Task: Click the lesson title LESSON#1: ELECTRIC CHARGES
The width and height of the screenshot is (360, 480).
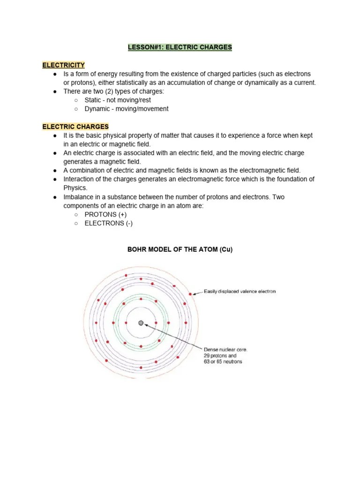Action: (x=180, y=47)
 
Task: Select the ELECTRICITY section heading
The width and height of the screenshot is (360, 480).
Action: (x=63, y=65)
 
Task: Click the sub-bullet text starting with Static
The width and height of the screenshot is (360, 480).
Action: (x=118, y=100)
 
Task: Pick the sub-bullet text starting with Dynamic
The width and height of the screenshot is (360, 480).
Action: (x=126, y=109)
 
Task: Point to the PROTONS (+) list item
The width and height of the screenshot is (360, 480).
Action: (x=105, y=214)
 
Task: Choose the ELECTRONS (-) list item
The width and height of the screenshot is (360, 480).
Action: (x=108, y=223)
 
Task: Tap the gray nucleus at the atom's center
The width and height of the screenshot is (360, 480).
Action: (x=141, y=323)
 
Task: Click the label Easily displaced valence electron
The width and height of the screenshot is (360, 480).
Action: (x=240, y=292)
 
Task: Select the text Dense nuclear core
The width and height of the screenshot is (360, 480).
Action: (x=225, y=350)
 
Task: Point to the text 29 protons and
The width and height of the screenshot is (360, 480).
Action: (x=220, y=356)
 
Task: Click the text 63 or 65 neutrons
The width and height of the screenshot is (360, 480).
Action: (x=223, y=362)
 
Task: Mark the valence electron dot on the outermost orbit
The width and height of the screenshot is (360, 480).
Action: (x=190, y=294)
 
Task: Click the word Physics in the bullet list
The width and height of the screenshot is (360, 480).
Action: (x=75, y=188)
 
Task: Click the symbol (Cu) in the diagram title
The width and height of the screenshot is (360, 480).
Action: (x=226, y=250)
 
